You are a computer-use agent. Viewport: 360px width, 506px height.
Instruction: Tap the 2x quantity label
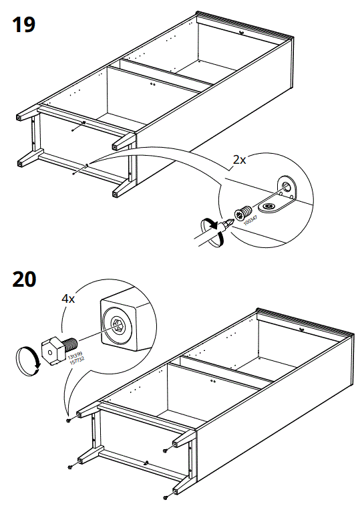click(238, 160)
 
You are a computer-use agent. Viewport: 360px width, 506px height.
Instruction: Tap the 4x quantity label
click(68, 299)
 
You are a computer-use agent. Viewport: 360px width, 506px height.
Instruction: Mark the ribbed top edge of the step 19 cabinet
click(246, 23)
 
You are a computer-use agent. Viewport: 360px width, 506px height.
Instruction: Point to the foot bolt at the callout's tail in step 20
click(69, 421)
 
